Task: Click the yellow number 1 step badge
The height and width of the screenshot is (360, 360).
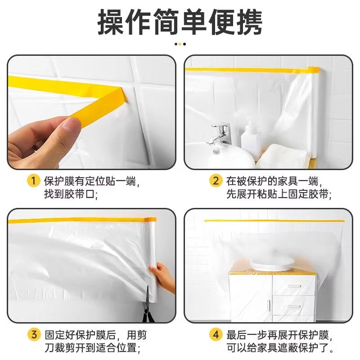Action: click(33, 181)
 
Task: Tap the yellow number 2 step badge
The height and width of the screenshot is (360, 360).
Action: click(216, 181)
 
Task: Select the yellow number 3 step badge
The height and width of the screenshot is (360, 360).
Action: click(33, 335)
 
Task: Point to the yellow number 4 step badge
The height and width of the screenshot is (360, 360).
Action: click(216, 335)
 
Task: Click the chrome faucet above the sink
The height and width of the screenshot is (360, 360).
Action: click(219, 134)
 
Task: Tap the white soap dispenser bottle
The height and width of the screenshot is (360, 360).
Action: click(251, 137)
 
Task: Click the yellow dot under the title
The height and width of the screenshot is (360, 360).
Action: click(180, 44)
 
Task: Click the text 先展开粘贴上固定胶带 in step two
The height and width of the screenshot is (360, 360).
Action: click(279, 194)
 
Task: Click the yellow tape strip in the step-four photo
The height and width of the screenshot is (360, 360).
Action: click(274, 220)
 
